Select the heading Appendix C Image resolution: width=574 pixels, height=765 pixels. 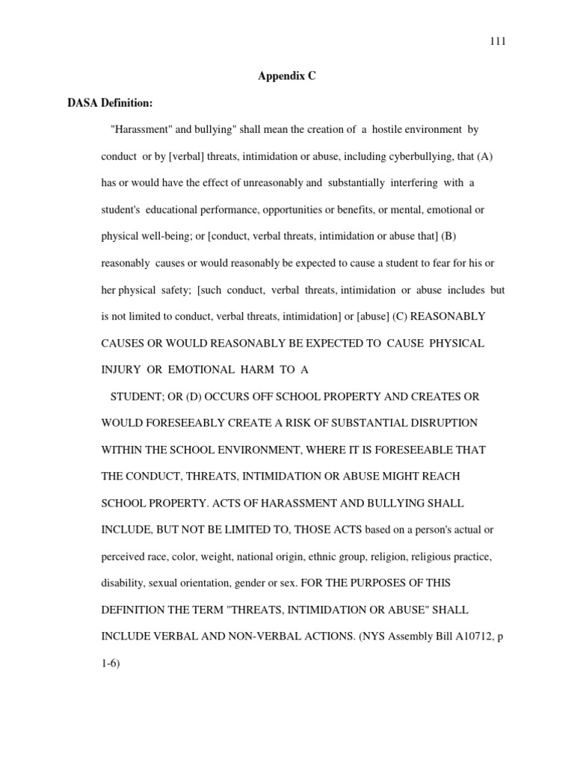[x=287, y=76]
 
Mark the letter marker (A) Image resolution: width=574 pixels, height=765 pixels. [x=479, y=158]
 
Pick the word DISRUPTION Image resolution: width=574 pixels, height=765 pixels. [x=439, y=423]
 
